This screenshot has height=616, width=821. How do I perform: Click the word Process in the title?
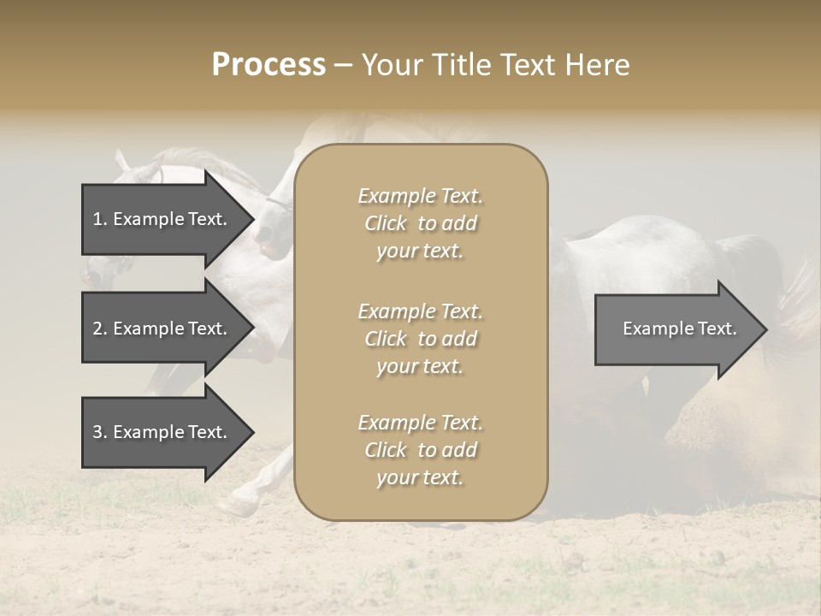tap(269, 65)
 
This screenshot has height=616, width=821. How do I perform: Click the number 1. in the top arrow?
tap(99, 219)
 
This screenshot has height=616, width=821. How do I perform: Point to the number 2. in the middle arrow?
tap(100, 329)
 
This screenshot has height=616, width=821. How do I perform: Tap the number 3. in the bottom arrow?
tap(100, 432)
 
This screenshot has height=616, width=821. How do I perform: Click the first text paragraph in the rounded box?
tap(420, 223)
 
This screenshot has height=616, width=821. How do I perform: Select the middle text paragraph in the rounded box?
tap(420, 339)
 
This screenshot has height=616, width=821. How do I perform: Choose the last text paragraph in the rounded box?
tap(420, 450)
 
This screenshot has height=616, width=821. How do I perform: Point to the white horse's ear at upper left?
tap(121, 158)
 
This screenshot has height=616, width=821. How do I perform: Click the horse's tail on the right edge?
tap(800, 299)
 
